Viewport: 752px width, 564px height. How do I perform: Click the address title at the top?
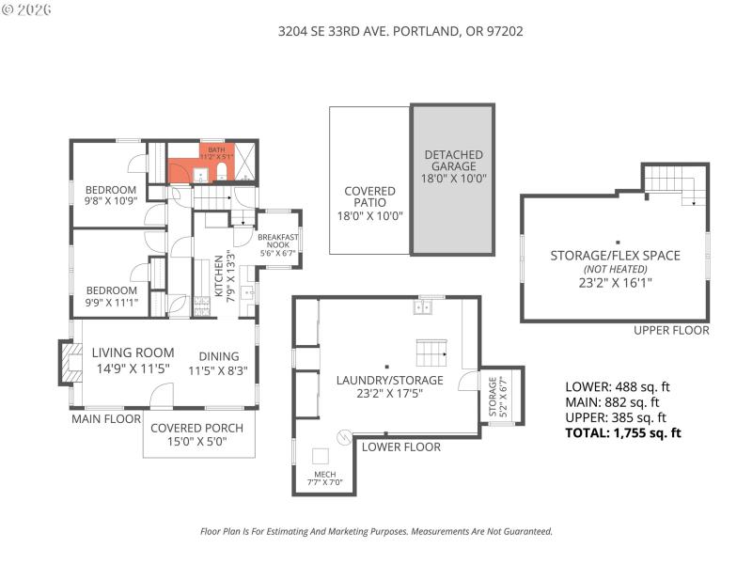coord(400,31)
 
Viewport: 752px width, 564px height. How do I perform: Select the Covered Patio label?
coord(369,202)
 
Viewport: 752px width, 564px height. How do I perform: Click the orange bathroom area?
coord(197,170)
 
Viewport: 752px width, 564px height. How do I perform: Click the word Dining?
coord(218,356)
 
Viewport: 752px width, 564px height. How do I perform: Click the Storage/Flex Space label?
coord(615,255)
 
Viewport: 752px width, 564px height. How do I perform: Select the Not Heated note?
coord(615,268)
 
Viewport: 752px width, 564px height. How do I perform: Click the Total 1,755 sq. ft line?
coord(622,433)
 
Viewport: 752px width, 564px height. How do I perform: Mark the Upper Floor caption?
coord(671,330)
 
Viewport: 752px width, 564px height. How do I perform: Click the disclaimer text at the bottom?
coord(376,531)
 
